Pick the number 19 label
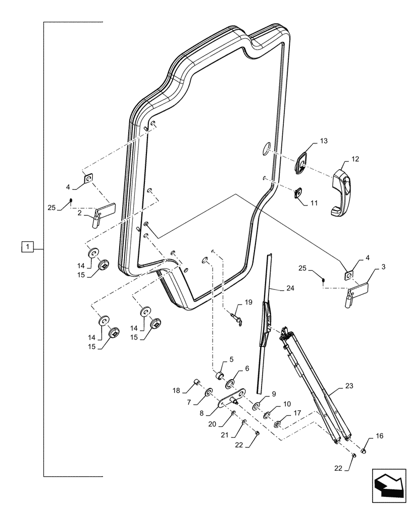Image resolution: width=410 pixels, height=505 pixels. tap(248, 302)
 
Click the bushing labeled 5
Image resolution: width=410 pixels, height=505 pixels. tap(220, 376)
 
